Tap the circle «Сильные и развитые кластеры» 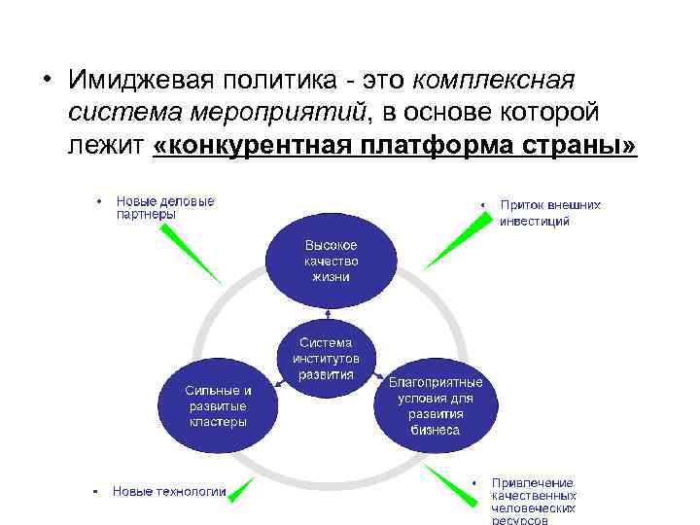[218, 405]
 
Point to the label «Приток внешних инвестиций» [550, 213]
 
